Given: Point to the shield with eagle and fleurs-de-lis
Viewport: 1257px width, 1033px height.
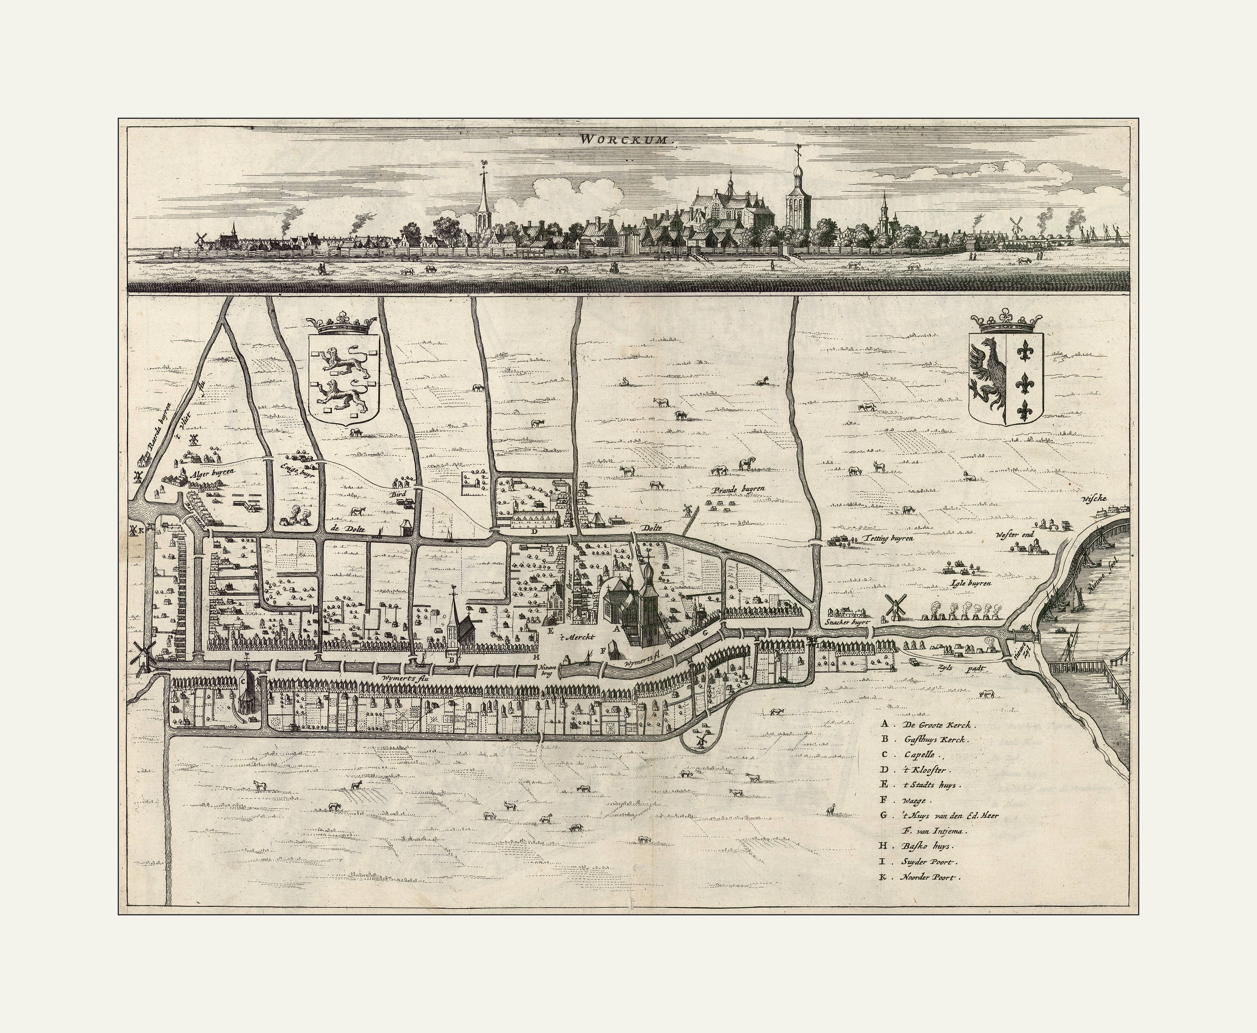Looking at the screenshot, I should click(x=1006, y=379).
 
